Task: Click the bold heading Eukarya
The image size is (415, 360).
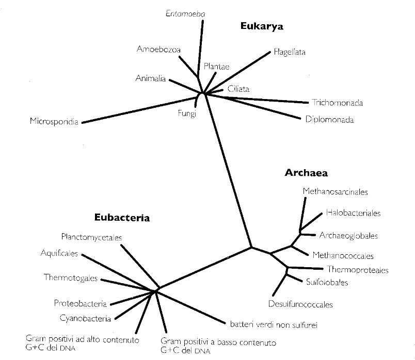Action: click(x=262, y=27)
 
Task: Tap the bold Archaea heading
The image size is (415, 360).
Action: click(x=306, y=173)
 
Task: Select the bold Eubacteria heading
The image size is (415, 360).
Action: click(x=122, y=218)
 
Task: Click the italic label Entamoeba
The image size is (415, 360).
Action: click(x=185, y=13)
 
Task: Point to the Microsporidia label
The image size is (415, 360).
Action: click(x=54, y=122)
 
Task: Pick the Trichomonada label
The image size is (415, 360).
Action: click(x=337, y=103)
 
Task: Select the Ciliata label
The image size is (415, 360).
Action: click(x=238, y=89)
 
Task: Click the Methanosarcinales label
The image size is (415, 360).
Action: click(x=335, y=192)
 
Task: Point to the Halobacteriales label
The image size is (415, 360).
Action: click(x=353, y=212)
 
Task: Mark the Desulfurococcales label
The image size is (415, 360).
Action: click(x=300, y=304)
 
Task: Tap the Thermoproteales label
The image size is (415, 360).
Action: click(x=358, y=270)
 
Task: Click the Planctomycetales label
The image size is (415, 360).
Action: click(x=94, y=237)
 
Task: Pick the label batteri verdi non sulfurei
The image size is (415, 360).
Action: click(x=273, y=325)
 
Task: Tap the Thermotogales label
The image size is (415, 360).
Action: click(x=71, y=278)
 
